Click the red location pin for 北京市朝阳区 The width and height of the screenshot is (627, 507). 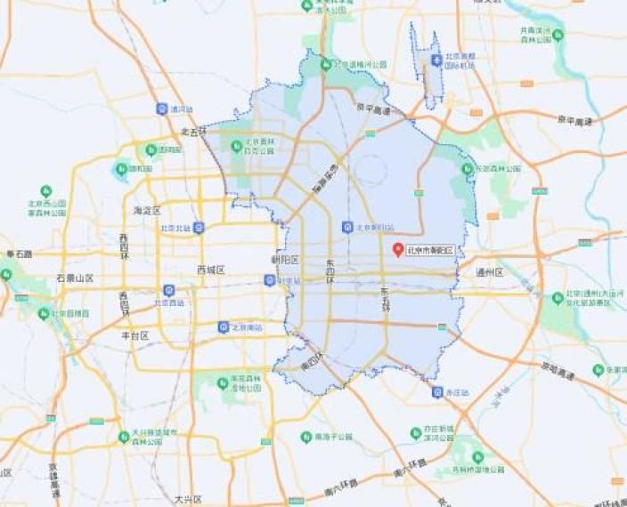point(399,250)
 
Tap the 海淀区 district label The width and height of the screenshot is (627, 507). point(146,211)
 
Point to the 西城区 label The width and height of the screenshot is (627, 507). point(211,270)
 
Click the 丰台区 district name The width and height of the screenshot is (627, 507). point(134,335)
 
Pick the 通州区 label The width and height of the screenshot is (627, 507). point(489,272)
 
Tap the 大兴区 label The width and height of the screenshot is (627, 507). point(188,499)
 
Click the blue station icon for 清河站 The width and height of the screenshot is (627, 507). point(161,109)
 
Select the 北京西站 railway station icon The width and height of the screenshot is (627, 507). point(168,290)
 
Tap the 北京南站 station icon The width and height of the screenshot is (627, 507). point(224,326)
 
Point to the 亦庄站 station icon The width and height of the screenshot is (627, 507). point(437,391)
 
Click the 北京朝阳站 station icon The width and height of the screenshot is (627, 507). point(347,227)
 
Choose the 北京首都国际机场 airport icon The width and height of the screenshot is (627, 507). point(436,60)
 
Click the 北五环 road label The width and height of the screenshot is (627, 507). point(192,131)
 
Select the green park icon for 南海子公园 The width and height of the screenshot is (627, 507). point(306,437)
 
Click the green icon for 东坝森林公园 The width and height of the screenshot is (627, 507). point(468,168)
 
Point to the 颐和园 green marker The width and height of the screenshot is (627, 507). point(121,167)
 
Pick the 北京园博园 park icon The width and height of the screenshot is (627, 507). point(45,313)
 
